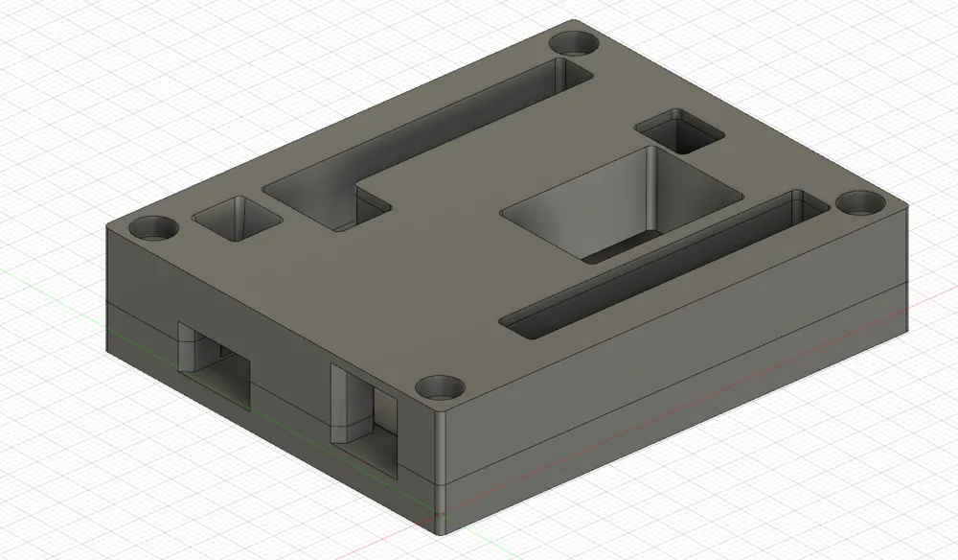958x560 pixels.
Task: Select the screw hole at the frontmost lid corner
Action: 440,387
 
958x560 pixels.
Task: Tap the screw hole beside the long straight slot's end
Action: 859,203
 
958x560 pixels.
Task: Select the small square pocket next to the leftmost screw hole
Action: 237,220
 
